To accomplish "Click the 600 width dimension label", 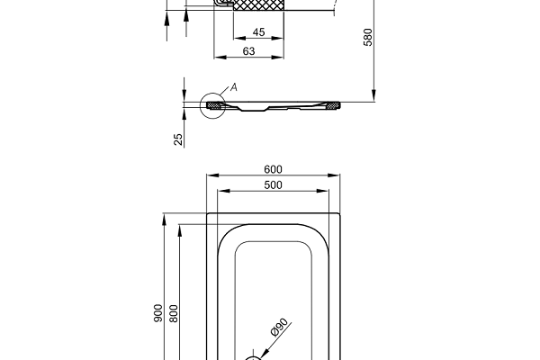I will pos(274,169).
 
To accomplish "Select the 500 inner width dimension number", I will pos(274,185).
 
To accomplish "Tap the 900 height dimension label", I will pos(158,312).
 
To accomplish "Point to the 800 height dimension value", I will pos(175,312).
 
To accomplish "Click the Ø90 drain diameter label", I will pos(275,328).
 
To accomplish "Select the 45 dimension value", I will pos(258,32).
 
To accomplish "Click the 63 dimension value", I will pos(250,51).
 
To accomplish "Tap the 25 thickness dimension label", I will pos(178,139).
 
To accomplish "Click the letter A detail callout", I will pos(233,86).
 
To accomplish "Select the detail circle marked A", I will pos(214,106).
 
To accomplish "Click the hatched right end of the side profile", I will pos(336,105).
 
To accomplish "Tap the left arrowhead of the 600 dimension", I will pos(210,175).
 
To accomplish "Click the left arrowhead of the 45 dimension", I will pos(235,40).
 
